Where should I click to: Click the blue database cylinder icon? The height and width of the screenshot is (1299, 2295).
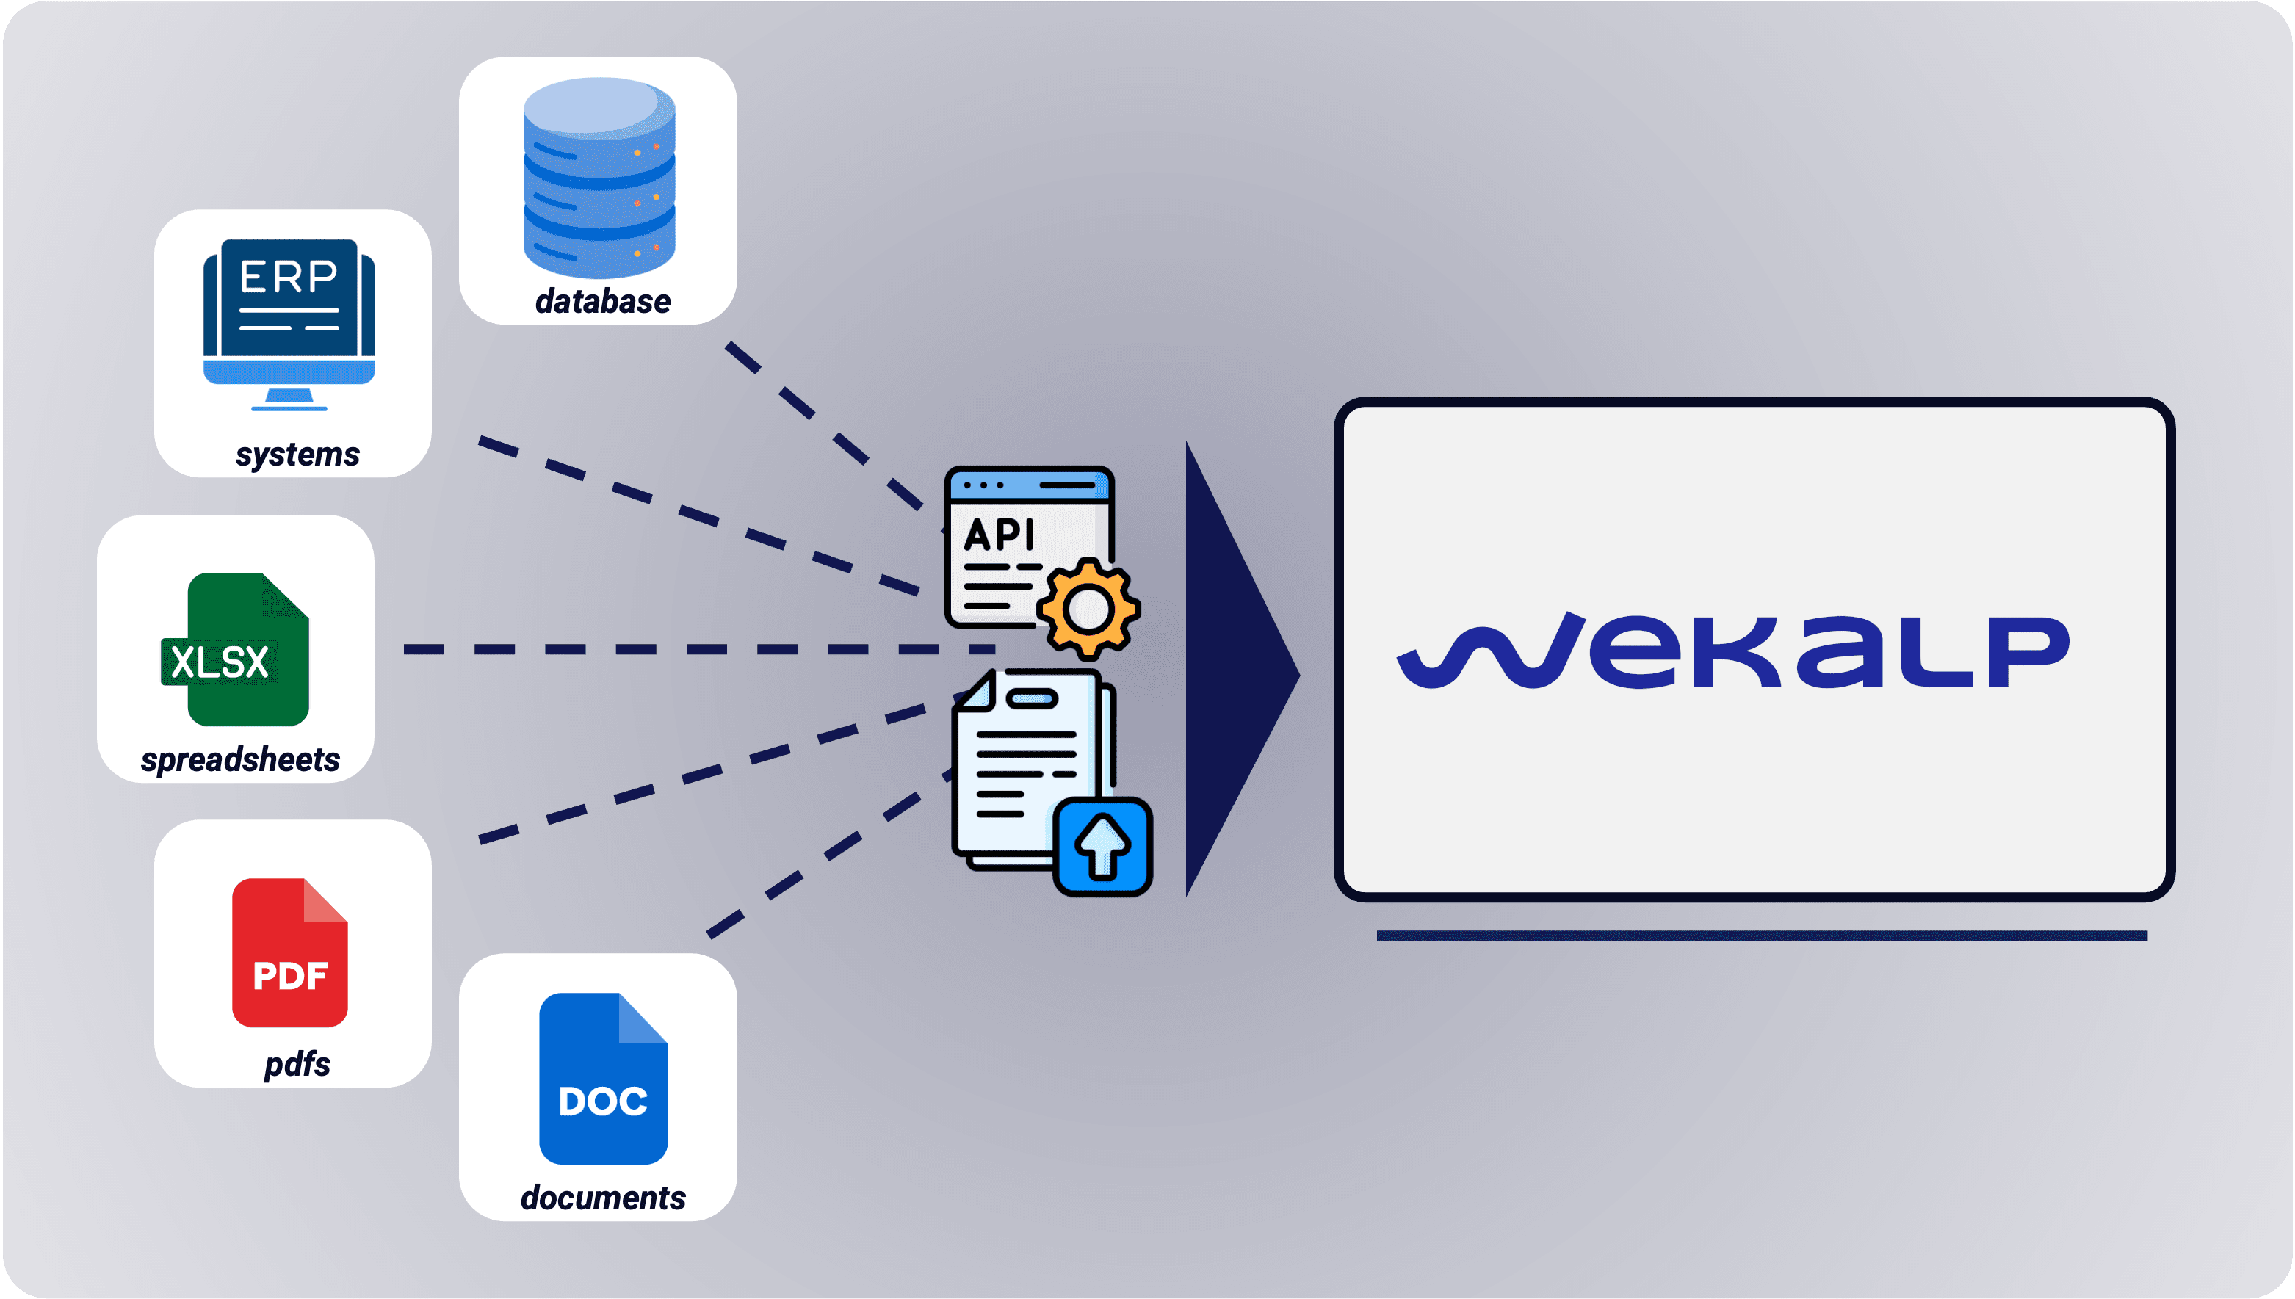[x=599, y=178]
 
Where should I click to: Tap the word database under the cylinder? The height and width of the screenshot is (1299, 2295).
[x=602, y=302]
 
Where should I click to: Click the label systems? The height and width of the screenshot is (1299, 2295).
[x=297, y=454]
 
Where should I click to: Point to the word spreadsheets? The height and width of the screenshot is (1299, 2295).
[x=240, y=759]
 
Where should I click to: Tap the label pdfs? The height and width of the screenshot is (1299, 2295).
[x=297, y=1063]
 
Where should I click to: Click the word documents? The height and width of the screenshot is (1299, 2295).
[x=603, y=1197]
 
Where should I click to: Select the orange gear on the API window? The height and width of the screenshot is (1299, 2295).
[x=1088, y=609]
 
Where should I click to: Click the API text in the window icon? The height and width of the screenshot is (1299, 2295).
[x=1000, y=535]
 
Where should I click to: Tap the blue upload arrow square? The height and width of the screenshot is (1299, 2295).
[x=1103, y=847]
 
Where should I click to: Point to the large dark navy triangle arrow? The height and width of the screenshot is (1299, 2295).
[x=1232, y=669]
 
